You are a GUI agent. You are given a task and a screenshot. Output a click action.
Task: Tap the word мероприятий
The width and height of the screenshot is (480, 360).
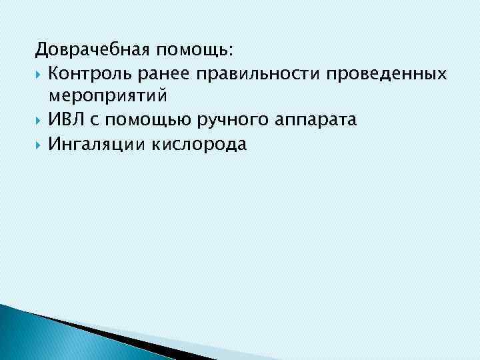[x=107, y=98]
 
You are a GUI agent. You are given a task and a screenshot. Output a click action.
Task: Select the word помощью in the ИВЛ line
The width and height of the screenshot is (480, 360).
[x=143, y=121]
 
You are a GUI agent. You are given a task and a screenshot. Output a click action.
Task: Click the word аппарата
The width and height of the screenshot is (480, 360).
[x=311, y=121]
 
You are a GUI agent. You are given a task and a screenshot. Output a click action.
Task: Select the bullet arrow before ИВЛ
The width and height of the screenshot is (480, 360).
[x=39, y=121]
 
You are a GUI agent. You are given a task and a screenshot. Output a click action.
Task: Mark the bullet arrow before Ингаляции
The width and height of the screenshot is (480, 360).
[x=39, y=144]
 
